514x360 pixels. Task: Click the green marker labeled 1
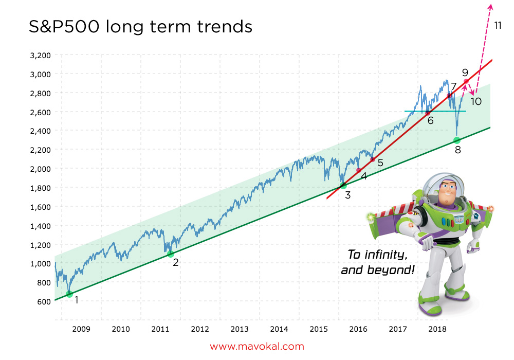[69, 294]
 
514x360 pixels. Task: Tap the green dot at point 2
[171, 254]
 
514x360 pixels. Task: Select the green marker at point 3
[343, 186]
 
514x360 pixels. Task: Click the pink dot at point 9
[466, 81]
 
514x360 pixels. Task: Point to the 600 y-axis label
[44, 301]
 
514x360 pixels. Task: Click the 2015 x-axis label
[319, 329]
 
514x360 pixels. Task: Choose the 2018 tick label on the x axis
[437, 329]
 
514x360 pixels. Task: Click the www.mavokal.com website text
[257, 347]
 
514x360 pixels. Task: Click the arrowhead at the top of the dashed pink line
[490, 6]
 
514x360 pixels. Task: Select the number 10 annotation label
[476, 101]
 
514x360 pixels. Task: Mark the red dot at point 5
[373, 159]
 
